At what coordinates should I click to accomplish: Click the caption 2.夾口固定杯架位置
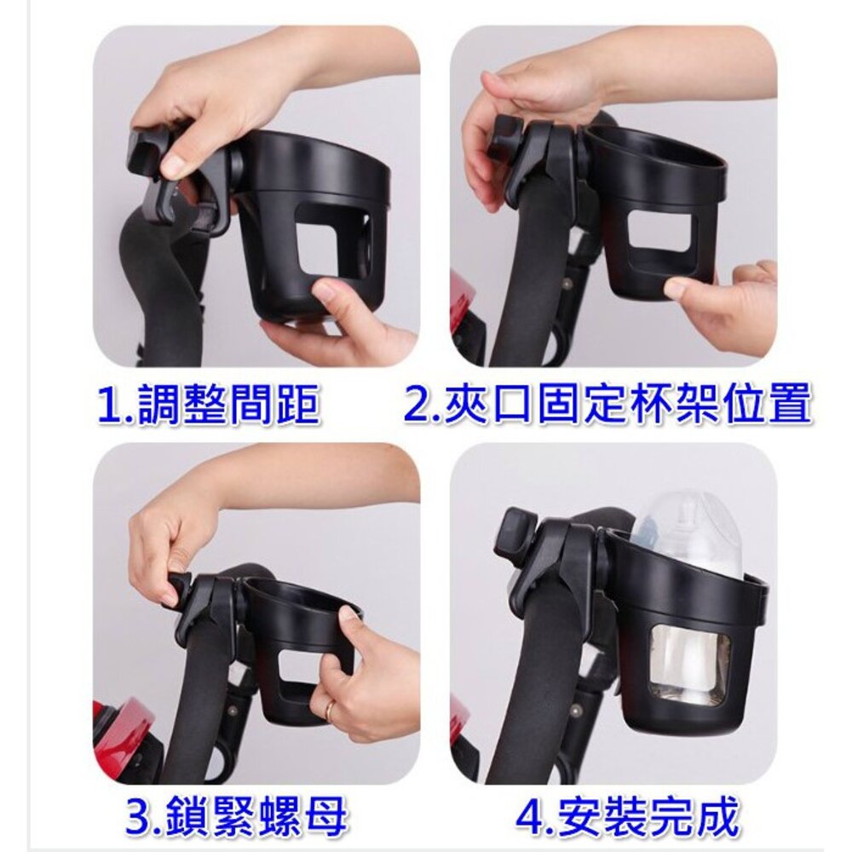tap(608, 403)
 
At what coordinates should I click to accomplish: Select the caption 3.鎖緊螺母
tap(235, 815)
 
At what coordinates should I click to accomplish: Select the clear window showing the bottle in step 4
tap(690, 661)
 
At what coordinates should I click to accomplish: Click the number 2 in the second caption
tap(418, 404)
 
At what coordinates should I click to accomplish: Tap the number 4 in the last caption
tap(530, 815)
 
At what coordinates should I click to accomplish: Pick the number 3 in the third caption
tap(139, 816)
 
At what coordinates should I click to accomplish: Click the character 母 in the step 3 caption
tap(323, 815)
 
